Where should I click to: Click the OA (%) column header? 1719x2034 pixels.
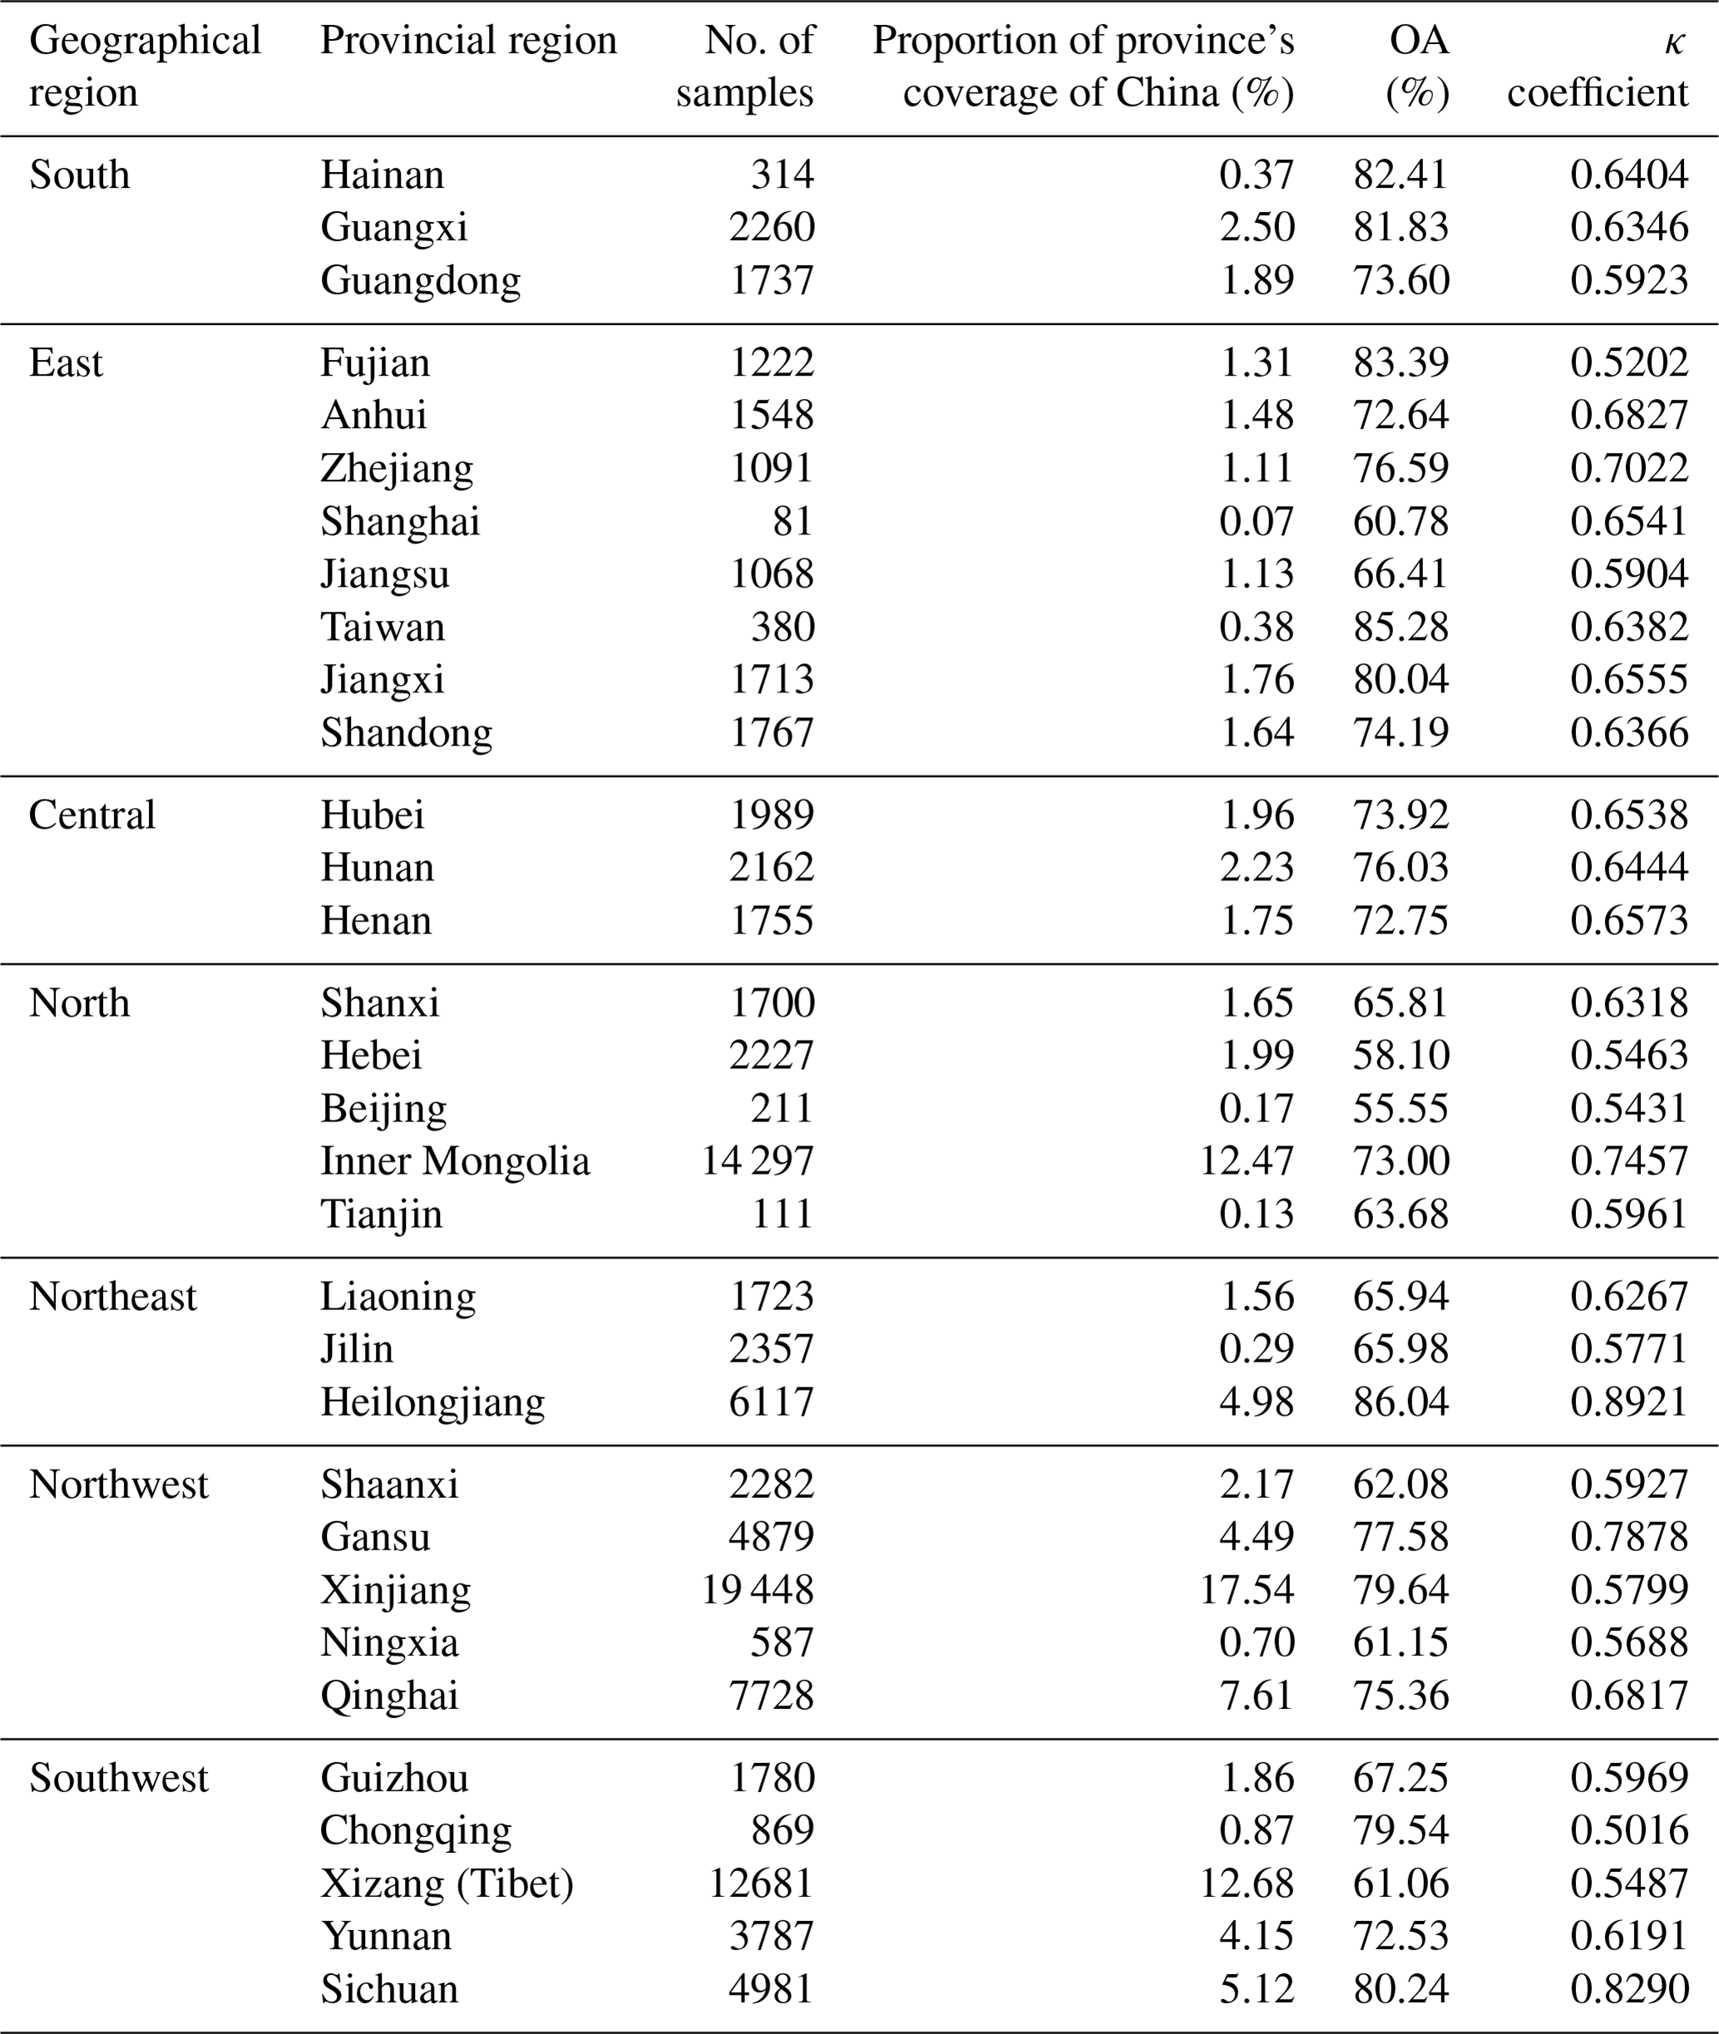coord(1417,66)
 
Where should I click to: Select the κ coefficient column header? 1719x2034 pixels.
coord(1598,66)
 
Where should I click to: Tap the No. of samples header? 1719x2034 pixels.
coord(744,66)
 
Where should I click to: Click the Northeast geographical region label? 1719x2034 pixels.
coord(113,1297)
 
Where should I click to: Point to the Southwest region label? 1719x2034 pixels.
coord(119,1778)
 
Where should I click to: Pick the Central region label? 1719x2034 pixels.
coord(92,815)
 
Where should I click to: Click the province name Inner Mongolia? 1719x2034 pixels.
coord(455,1161)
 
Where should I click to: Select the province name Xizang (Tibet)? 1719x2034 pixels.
coord(447,1883)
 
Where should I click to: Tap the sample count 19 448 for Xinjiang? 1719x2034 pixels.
coord(757,1590)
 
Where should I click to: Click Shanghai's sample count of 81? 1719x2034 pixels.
coord(793,521)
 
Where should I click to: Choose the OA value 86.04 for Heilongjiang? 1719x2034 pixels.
coord(1400,1401)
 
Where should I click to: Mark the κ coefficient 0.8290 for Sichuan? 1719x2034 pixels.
coord(1628,1988)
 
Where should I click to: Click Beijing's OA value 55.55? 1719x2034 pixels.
coord(1400,1109)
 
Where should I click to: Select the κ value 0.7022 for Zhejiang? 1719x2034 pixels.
coord(1628,469)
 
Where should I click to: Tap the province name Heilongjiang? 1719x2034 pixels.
coord(432,1401)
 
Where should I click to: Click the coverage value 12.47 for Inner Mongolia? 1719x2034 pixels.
coord(1247,1161)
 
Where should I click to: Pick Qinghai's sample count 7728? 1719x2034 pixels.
coord(771,1695)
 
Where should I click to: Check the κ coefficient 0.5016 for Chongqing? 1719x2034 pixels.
coord(1628,1830)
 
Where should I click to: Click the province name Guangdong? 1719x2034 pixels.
coord(421,281)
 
